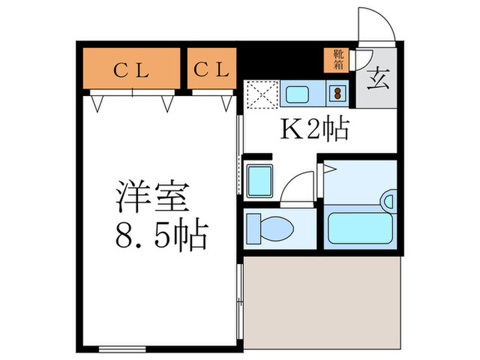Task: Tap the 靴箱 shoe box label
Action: (339, 59)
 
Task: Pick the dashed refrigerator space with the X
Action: (261, 94)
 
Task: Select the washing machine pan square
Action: (260, 180)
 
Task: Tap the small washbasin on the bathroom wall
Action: (390, 200)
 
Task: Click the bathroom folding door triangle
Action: (329, 168)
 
